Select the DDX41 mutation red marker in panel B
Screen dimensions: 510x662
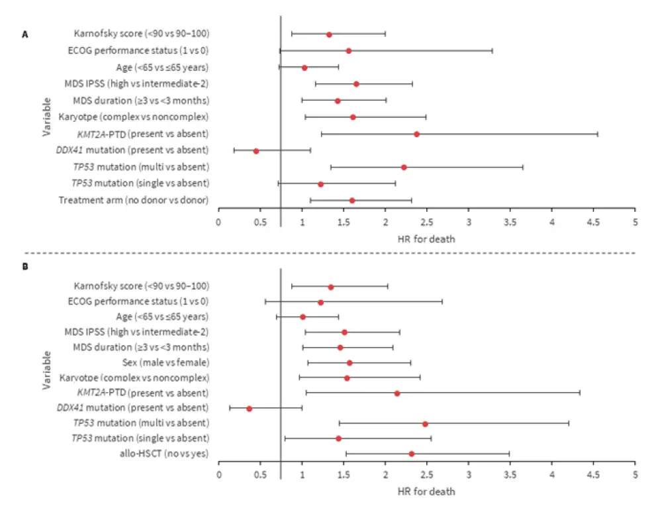click(250, 408)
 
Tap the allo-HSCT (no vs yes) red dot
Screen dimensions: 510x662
click(412, 454)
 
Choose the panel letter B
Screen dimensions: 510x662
click(24, 272)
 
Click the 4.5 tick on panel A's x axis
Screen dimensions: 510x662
click(593, 222)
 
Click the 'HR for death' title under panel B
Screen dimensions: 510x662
click(426, 492)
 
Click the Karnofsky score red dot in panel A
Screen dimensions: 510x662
click(329, 34)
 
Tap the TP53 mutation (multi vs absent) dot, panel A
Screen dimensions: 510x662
click(404, 167)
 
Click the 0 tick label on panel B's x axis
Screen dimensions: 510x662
click(218, 475)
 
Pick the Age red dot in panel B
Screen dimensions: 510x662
click(303, 317)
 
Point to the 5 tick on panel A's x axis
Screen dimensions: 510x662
click(635, 222)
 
